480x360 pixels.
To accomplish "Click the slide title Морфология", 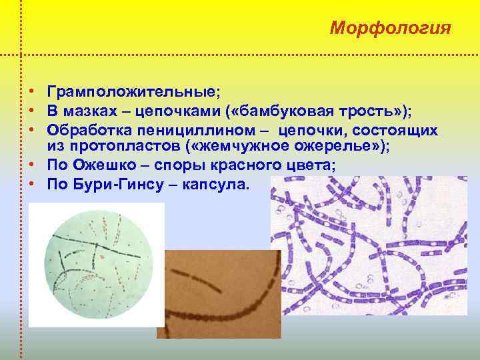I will pos(391,29).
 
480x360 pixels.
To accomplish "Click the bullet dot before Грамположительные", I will pos(31,92).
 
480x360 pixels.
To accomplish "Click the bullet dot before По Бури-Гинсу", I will pos(31,185).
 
